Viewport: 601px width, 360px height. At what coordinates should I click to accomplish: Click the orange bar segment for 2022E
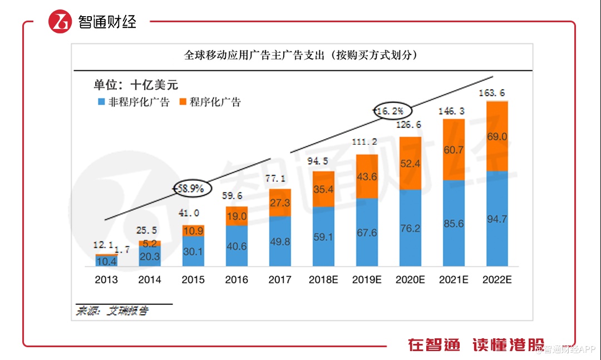tap(497, 136)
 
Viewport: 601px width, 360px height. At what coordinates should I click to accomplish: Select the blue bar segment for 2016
tap(237, 246)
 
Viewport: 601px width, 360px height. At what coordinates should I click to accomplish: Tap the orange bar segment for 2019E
tap(367, 176)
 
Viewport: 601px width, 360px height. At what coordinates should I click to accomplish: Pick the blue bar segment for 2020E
tap(410, 228)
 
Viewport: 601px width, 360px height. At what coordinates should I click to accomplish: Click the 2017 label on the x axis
tap(280, 279)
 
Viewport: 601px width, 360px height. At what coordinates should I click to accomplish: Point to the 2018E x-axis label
tap(323, 279)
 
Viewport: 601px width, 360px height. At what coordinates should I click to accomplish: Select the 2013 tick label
tap(106, 279)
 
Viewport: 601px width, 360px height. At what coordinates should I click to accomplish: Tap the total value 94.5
tap(323, 162)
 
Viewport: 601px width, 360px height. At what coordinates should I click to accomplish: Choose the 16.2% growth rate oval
tap(392, 111)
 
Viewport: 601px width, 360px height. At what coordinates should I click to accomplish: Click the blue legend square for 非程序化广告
tap(101, 102)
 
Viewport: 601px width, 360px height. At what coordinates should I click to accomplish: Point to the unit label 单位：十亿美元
tap(135, 85)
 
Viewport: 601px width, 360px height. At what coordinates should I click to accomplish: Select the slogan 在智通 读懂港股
tap(476, 344)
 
